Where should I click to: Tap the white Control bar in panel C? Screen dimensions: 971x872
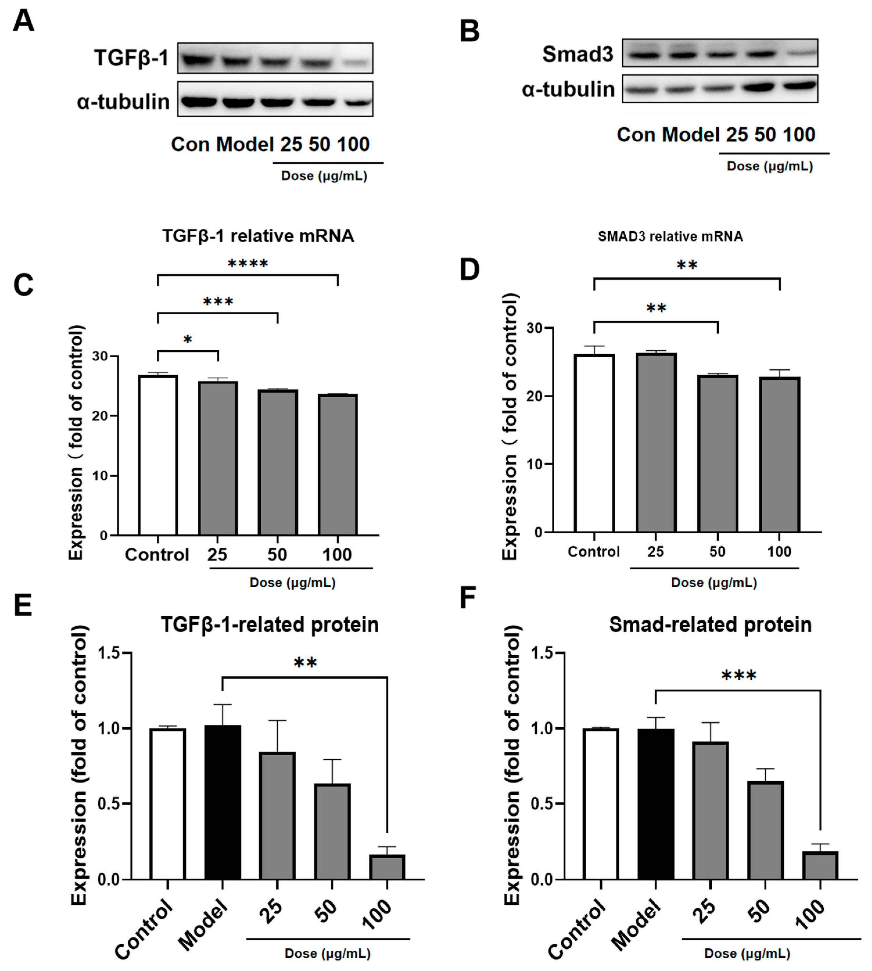(158, 455)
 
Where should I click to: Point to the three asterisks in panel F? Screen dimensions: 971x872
(738, 676)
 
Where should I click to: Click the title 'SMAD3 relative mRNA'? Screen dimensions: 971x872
(670, 236)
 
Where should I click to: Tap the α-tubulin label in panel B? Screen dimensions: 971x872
(568, 90)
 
